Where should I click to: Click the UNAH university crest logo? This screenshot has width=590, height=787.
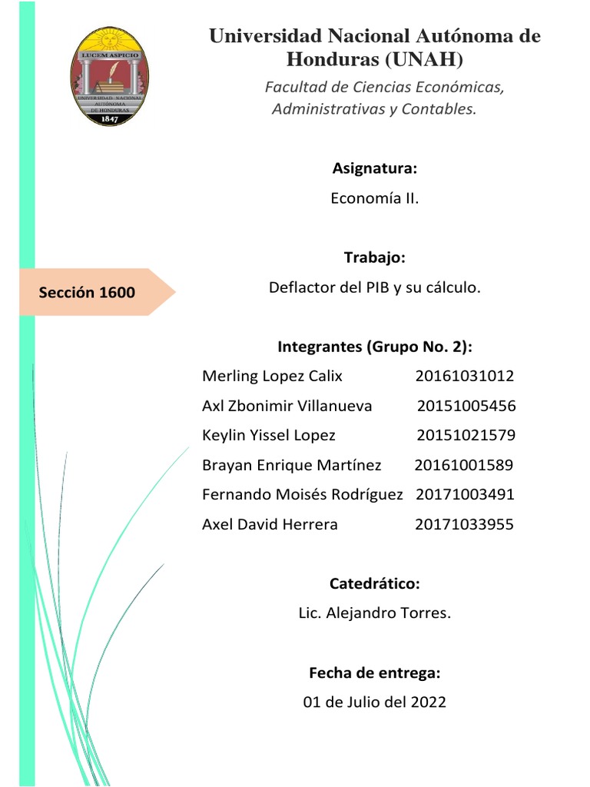(110, 77)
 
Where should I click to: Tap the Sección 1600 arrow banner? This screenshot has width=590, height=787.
(92, 292)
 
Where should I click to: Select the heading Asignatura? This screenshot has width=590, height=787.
(375, 168)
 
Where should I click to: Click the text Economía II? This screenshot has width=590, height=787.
(375, 198)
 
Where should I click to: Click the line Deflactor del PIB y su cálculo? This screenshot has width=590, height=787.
(375, 287)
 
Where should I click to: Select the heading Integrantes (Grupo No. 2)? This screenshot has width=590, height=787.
(375, 347)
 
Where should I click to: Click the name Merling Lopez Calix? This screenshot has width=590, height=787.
(272, 376)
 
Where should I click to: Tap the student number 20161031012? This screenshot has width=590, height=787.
(465, 376)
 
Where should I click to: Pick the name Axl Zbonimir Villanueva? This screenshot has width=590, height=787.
(287, 406)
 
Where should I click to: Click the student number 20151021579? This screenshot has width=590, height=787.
(466, 436)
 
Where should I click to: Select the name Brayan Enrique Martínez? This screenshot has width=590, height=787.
(291, 465)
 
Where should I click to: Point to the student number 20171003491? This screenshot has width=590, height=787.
(465, 494)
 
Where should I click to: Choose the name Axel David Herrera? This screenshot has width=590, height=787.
(270, 524)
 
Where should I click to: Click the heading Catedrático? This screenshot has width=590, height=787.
(375, 584)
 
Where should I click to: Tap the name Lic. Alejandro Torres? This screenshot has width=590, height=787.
(375, 613)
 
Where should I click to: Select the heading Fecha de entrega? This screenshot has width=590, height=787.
(375, 673)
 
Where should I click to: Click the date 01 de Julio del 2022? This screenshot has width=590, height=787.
(375, 702)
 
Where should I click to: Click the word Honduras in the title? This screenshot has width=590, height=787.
(333, 59)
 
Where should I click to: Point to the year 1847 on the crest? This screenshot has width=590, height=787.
(109, 119)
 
